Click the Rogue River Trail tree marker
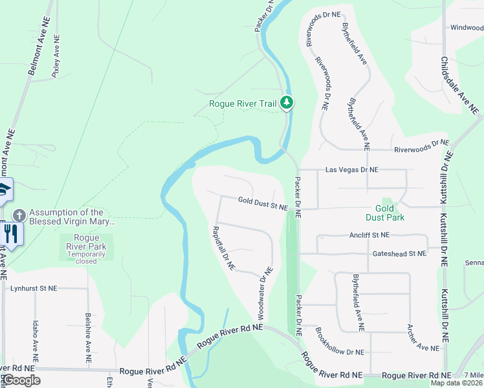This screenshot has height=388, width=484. [287, 103]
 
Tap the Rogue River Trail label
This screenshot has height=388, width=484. [243, 103]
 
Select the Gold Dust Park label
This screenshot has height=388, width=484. [385, 213]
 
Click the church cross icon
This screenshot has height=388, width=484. [19, 214]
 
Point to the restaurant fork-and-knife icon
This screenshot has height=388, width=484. [12, 233]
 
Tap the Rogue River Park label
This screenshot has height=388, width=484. [86, 246]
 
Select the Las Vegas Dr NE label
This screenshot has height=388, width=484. [351, 169]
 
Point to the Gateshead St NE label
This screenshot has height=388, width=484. [399, 254]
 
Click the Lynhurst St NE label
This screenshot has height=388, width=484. [33, 288]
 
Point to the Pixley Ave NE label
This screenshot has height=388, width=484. [56, 56]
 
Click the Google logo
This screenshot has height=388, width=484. [21, 380]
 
